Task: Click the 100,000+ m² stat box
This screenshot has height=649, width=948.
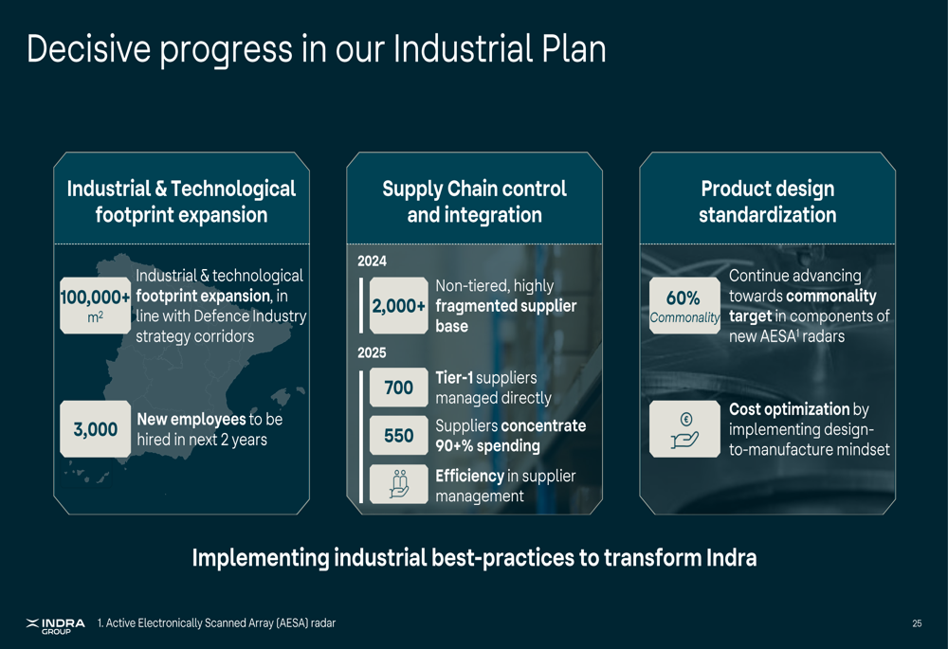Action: click(96, 305)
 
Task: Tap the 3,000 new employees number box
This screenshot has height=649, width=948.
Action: click(96, 428)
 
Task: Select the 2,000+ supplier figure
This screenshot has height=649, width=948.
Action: click(398, 305)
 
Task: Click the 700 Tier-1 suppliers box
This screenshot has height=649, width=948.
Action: click(398, 387)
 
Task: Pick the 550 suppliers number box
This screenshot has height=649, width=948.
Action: click(398, 435)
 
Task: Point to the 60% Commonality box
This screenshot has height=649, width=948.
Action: click(685, 305)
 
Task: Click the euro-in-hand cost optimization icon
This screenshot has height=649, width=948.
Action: click(685, 429)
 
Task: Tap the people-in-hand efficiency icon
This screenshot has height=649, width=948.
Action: click(398, 484)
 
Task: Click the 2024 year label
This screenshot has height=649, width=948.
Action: click(372, 261)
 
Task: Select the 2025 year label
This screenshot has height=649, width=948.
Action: click(372, 352)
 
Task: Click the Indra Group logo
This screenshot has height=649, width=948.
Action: click(56, 626)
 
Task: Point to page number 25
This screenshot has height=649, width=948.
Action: click(917, 623)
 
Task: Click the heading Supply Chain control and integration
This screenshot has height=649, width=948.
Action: click(475, 202)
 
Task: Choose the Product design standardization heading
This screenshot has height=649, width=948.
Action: click(768, 202)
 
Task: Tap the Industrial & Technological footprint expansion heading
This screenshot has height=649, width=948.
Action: click(181, 202)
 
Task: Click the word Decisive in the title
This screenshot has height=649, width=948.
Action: click(88, 49)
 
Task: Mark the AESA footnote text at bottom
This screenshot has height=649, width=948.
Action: click(216, 623)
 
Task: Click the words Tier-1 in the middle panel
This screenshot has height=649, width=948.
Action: click(454, 378)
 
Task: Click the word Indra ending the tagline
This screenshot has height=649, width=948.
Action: click(731, 557)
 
